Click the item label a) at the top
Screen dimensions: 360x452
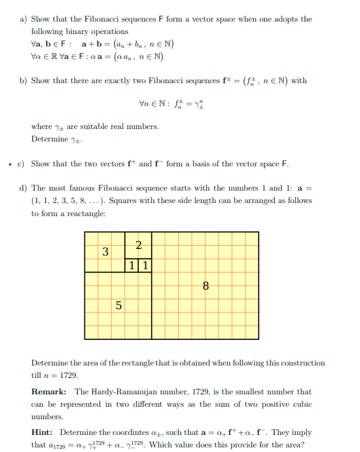click(23, 20)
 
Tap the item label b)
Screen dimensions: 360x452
click(23, 81)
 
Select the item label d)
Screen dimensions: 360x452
click(23, 188)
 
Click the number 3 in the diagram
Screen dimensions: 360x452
click(105, 252)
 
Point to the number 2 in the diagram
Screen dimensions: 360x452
click(138, 246)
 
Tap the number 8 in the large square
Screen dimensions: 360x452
click(206, 286)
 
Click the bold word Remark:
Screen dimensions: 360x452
click(50, 392)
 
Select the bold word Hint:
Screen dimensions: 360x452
click(43, 432)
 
